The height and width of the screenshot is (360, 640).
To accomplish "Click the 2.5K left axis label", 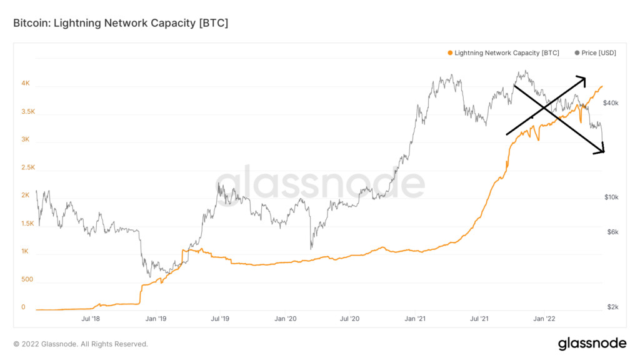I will [x=27, y=167].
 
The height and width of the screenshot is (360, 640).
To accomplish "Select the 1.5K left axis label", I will [x=27, y=223].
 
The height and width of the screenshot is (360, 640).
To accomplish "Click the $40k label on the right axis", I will [x=611, y=102].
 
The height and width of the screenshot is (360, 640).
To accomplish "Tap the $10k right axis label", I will [x=611, y=197].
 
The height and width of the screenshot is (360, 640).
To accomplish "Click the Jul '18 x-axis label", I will [x=91, y=319].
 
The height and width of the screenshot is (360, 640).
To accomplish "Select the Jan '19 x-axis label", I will [x=156, y=319].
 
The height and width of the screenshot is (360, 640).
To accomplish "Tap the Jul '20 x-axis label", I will [x=350, y=319].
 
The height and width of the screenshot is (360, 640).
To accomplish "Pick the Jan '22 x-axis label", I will [x=544, y=319].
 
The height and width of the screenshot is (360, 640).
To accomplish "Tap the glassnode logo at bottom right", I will [x=591, y=343].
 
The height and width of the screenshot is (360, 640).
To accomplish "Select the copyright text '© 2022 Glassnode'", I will [x=50, y=344].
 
